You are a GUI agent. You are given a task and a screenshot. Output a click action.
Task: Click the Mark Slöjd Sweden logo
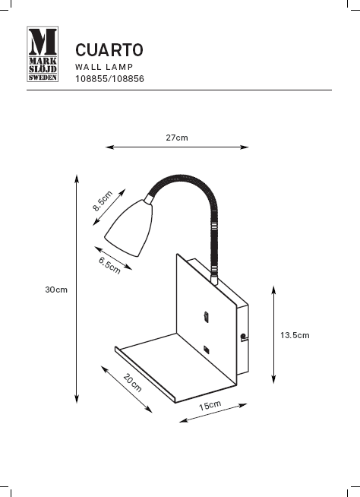[x=43, y=59]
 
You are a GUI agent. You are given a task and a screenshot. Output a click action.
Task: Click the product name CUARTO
[x=109, y=51]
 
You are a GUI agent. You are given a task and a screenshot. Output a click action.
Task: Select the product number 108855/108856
[x=109, y=78]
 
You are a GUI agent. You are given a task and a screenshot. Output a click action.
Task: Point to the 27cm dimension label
[x=177, y=138]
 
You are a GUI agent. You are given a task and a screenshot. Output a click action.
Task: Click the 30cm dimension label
[x=56, y=290]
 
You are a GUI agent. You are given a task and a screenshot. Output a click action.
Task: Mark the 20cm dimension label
[x=133, y=384]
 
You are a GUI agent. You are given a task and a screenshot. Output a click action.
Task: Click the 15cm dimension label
[x=210, y=406]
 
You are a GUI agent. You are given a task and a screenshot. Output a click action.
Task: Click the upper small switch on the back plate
[x=207, y=315]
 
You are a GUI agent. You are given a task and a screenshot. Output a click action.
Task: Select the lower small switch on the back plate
[x=207, y=348]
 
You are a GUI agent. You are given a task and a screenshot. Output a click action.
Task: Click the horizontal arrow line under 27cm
[x=177, y=147]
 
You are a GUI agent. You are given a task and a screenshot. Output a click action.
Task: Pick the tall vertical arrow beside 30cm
[x=77, y=289]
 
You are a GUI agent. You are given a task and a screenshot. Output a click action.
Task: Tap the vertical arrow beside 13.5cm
[x=273, y=335]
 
